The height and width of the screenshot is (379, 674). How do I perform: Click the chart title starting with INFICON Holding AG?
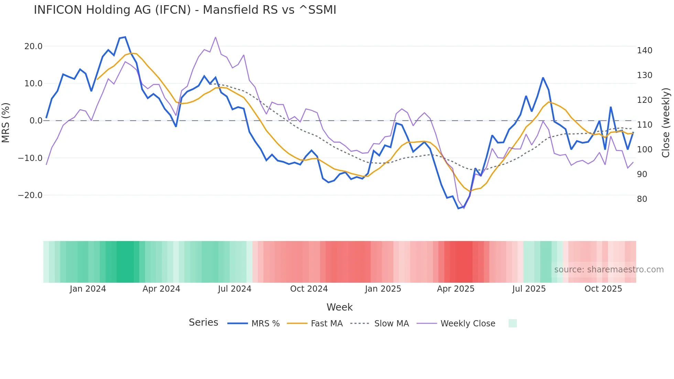click(x=185, y=10)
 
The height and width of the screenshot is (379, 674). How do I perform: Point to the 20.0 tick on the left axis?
click(x=33, y=46)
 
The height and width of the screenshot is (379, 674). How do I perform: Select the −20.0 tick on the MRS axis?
click(x=30, y=195)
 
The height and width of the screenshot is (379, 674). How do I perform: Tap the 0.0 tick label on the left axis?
click(x=36, y=121)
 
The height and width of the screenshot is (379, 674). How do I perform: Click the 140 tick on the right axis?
click(x=644, y=51)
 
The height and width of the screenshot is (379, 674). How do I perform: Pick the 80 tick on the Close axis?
click(x=642, y=199)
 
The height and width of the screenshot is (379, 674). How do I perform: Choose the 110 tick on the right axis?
click(x=644, y=125)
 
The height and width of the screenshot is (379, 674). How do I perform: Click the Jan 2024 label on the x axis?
click(x=88, y=289)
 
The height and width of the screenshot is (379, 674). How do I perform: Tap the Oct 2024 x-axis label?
click(x=309, y=289)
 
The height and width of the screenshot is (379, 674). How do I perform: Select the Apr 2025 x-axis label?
click(x=456, y=289)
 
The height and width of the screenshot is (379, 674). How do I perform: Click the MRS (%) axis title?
click(x=6, y=123)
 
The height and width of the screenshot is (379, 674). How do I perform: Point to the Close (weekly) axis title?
click(x=666, y=123)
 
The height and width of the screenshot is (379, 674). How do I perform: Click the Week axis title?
click(x=339, y=307)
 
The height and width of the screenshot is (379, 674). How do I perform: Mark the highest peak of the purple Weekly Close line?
click(x=216, y=37)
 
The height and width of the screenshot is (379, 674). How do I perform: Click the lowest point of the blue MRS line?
click(x=458, y=208)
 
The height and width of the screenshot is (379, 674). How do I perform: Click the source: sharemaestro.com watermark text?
click(x=609, y=270)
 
